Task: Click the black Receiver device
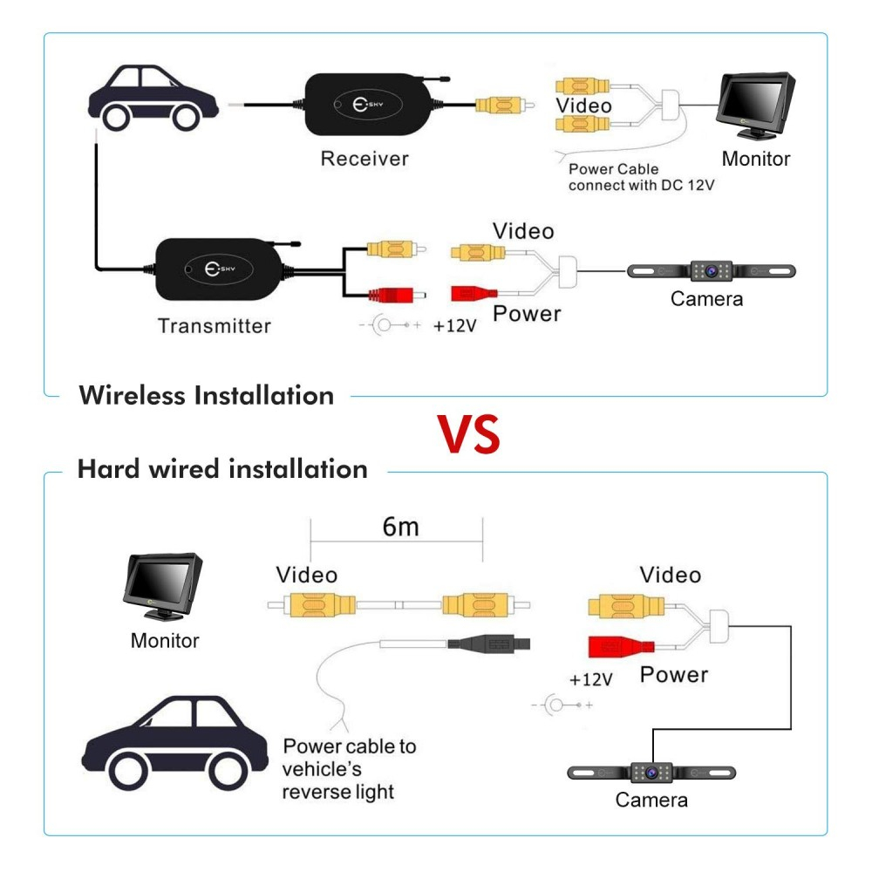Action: click(x=371, y=103)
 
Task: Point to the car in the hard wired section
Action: click(x=174, y=741)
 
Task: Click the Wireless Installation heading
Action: click(x=207, y=395)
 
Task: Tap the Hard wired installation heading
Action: click(x=222, y=469)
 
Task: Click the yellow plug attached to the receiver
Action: click(x=497, y=106)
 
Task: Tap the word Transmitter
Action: click(x=215, y=326)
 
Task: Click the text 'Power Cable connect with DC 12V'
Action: click(x=641, y=178)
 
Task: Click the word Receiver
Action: click(x=364, y=159)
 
